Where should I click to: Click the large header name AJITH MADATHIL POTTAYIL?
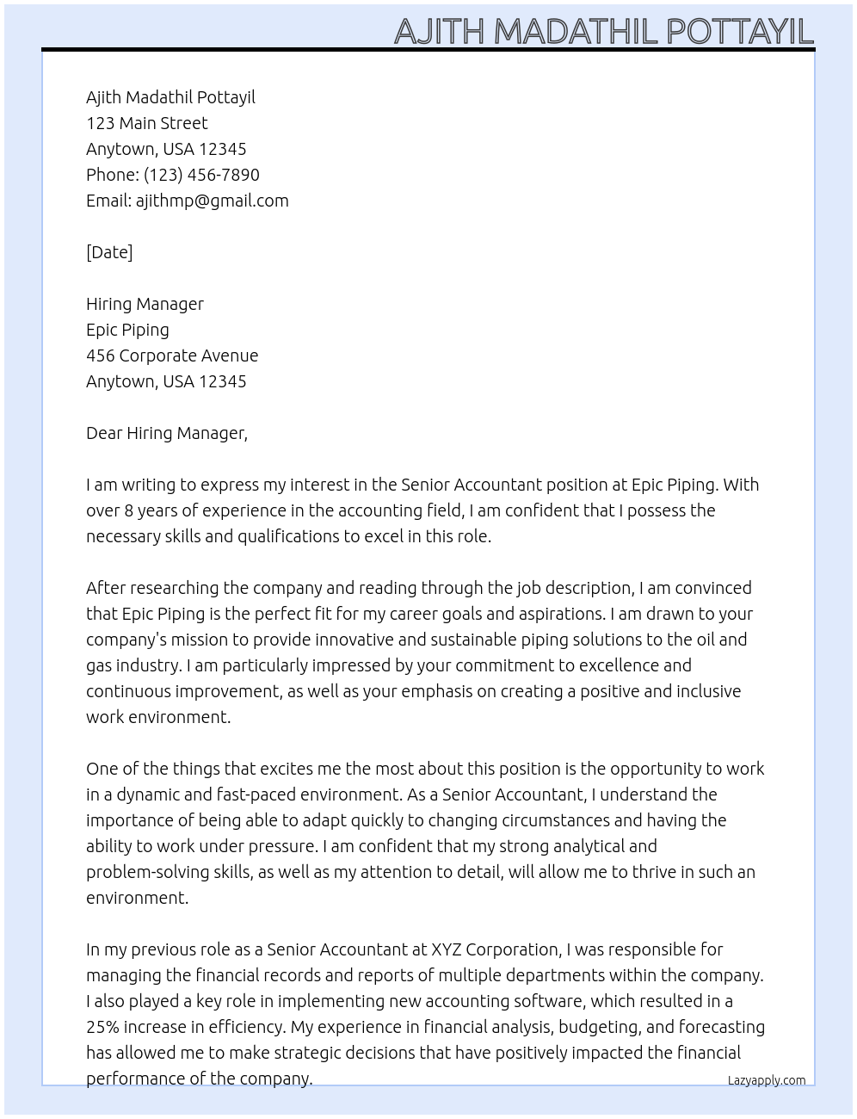pyautogui.click(x=603, y=31)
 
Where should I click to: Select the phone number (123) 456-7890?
pyautogui.click(x=201, y=175)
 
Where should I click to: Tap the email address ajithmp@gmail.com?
pyautogui.click(x=212, y=201)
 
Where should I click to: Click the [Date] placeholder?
pyautogui.click(x=109, y=252)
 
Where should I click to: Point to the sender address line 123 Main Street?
pyautogui.click(x=146, y=123)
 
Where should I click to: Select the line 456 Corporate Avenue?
pyautogui.click(x=172, y=355)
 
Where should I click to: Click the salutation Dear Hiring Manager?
pyautogui.click(x=167, y=433)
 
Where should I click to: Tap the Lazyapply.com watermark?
pyautogui.click(x=767, y=1080)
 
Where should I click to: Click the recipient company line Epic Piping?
pyautogui.click(x=127, y=330)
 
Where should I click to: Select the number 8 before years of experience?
pyautogui.click(x=129, y=510)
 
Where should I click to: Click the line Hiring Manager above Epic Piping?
pyautogui.click(x=145, y=304)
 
